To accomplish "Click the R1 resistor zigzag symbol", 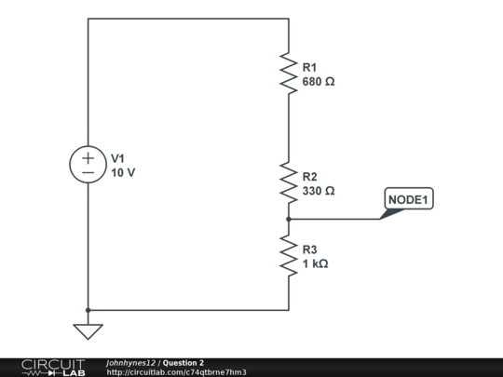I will (289, 73).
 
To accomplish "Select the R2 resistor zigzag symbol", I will (289, 182).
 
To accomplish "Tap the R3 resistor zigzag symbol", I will (289, 255).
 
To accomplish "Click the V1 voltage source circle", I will (88, 165).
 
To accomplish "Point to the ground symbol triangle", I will (88, 330).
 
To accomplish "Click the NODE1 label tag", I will (409, 199).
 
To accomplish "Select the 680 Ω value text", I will (319, 82).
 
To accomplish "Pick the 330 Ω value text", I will (319, 191).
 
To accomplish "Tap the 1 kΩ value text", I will (316, 264).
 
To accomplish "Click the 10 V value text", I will (124, 173).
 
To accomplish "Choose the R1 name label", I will (310, 67).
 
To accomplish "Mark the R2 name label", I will (310, 176).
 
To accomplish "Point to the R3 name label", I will (310, 249).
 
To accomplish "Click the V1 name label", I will (117, 158).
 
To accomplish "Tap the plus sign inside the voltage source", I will (88, 157).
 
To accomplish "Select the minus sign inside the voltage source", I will (88, 173).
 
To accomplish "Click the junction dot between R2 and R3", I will (289, 219).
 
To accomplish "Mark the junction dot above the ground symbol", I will (88, 310).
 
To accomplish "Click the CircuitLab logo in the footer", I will (52, 367).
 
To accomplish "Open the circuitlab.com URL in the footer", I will (176, 372).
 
